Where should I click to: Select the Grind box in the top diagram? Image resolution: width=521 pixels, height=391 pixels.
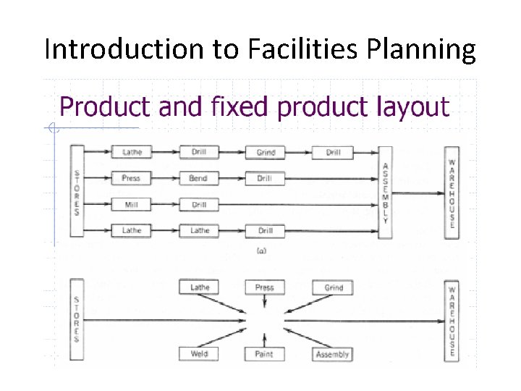pos(265,153)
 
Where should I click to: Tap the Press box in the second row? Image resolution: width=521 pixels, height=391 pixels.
pos(132,178)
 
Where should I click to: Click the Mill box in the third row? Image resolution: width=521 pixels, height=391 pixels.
pos(132,205)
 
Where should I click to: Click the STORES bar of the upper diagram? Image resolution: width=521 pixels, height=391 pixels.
pos(77,192)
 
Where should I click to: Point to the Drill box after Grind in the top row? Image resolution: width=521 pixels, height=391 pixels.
pos(332,153)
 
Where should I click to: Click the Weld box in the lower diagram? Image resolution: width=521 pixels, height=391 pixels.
pos(199,354)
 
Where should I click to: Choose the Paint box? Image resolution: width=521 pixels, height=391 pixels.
pos(265,354)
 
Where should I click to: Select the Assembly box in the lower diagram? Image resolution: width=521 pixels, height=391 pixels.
pos(332,354)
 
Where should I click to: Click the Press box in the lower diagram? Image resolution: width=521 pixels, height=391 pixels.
pos(265,287)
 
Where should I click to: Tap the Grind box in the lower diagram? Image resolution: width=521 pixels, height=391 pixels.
pos(332,287)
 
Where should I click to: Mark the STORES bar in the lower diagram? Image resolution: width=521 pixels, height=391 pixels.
pos(77,319)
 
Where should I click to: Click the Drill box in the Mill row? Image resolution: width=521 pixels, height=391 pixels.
pos(199,205)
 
